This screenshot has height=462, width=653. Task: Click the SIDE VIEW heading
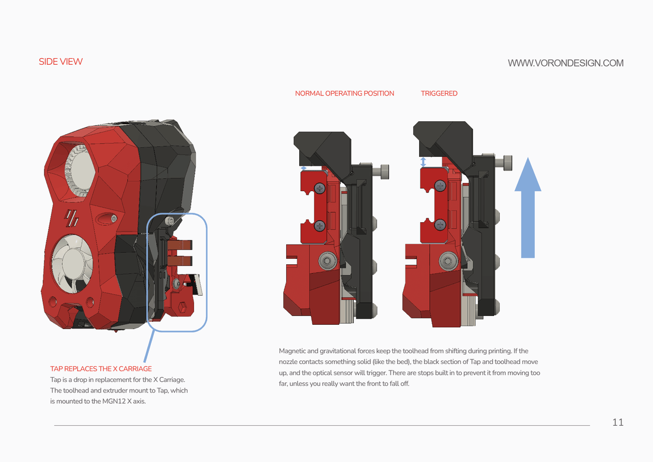[x=61, y=62]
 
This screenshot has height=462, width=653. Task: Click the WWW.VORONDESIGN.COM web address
[x=566, y=63]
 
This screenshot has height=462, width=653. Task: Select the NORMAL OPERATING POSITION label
[x=344, y=93]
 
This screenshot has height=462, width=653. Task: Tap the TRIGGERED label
[x=439, y=93]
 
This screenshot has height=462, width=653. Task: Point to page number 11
[x=617, y=422]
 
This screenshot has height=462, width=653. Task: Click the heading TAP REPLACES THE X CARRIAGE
[x=101, y=369]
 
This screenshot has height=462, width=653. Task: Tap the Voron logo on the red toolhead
[x=72, y=218]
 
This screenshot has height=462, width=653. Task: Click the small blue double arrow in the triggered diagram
[x=423, y=162]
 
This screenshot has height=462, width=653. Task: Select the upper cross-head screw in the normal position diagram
[x=320, y=189]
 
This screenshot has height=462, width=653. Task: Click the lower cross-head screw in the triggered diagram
[x=440, y=224]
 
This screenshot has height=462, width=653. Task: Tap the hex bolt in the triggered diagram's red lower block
[x=448, y=260]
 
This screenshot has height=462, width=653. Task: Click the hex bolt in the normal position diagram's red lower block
[x=328, y=260]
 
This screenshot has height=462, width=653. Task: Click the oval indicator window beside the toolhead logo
[x=106, y=219]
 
